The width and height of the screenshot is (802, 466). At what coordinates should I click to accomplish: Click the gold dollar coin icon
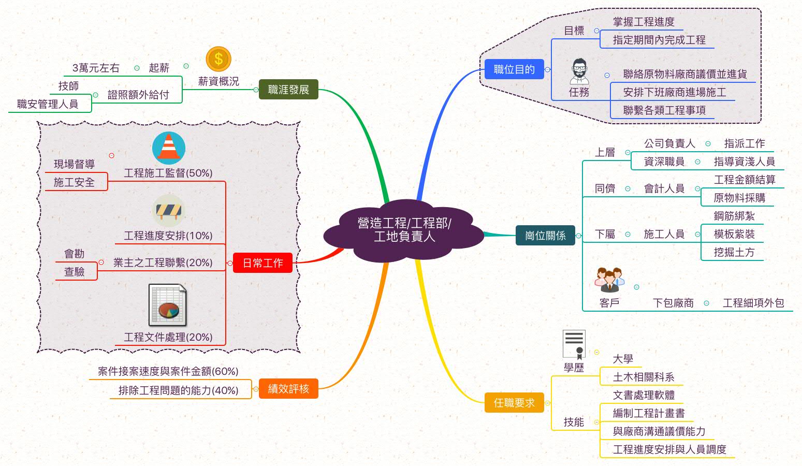[x=218, y=59]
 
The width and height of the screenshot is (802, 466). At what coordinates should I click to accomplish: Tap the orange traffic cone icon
[x=168, y=148]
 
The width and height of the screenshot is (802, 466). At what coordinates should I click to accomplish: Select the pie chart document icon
[x=167, y=305]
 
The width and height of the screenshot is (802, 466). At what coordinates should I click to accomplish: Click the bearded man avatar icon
[x=579, y=71]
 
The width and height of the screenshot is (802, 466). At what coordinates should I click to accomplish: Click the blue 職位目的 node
[x=514, y=69]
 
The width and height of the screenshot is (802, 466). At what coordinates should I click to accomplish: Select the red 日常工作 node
[x=263, y=263]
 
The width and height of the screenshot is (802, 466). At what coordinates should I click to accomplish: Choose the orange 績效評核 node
[x=288, y=388]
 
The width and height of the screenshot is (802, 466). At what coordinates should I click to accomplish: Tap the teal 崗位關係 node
[x=545, y=236]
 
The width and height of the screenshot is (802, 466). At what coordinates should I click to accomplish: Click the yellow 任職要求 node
[x=514, y=403]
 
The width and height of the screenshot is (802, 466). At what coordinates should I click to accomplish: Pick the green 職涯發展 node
[x=288, y=90]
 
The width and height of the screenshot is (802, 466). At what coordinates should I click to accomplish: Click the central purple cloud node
[x=404, y=230]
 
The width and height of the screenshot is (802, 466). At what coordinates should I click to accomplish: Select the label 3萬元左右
[x=96, y=68]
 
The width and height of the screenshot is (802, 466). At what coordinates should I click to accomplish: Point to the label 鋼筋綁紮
[x=734, y=216]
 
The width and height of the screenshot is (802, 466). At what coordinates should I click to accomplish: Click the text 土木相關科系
[x=644, y=377]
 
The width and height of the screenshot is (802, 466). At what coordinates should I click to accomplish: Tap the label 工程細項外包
[x=753, y=303]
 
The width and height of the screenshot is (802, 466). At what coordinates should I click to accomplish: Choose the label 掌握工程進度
[x=644, y=22]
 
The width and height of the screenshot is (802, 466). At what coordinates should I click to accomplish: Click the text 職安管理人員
[x=48, y=104]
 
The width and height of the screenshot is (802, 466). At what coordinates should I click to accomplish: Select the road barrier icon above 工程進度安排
[x=169, y=211]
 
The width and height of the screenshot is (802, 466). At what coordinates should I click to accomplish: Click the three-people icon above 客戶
[x=609, y=280]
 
